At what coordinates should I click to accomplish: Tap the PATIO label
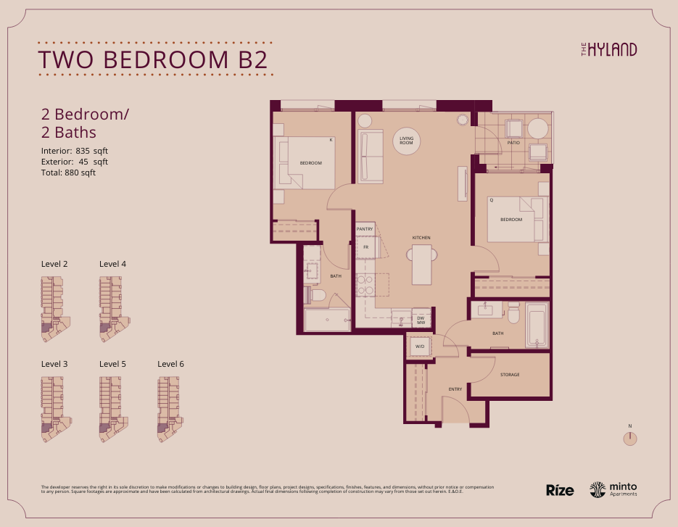513,143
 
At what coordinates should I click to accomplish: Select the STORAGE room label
510,375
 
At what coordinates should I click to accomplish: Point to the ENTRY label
455,390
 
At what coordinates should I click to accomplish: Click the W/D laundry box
419,347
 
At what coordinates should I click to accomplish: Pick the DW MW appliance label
420,320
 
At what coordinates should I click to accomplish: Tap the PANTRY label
364,229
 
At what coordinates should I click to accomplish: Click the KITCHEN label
421,238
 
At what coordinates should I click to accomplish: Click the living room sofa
371,157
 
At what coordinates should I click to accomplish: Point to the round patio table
538,129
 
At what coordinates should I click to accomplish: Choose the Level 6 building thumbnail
172,410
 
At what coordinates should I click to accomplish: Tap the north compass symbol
631,438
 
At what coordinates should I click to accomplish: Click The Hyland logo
609,49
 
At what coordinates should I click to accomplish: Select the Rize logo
560,490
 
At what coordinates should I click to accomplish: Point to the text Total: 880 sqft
68,173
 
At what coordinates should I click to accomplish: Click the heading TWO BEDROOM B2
152,59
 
